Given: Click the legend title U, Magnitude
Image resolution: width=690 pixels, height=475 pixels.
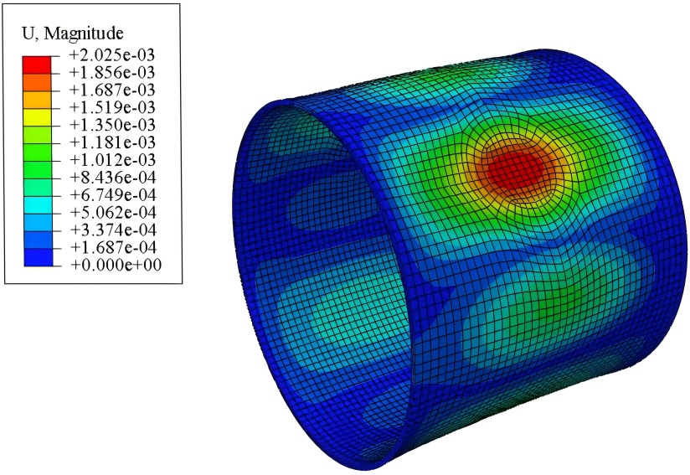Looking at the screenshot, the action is coord(73,33).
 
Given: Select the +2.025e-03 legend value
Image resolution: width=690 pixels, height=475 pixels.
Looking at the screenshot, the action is coord(112,55).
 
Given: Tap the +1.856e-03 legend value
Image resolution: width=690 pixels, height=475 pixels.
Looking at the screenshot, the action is coord(112,72).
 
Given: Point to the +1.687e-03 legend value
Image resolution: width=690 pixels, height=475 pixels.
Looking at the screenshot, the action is coord(112,90).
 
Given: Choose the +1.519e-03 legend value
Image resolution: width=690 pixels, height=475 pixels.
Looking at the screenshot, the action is coord(112,107).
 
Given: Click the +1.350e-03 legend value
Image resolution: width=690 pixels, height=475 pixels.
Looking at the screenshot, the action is coord(112,125).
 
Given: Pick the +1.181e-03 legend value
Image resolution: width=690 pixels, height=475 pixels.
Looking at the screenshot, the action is coord(112,142).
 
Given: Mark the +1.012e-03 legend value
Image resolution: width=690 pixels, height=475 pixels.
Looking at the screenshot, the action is coord(112,160).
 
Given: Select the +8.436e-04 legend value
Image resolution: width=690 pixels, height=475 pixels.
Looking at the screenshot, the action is coord(113,178).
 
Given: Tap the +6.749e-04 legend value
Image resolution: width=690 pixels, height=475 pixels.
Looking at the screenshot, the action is coord(113,194).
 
